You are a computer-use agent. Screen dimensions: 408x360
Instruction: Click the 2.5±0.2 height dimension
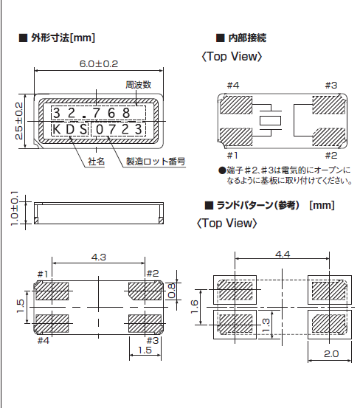click(x=20, y=121)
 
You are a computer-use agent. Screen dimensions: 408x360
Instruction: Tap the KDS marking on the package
click(x=69, y=131)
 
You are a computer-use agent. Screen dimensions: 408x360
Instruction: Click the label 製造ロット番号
click(x=155, y=160)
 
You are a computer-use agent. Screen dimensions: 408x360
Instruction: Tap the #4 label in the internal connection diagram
click(x=232, y=86)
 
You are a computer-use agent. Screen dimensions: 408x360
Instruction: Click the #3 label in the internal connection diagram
click(x=330, y=86)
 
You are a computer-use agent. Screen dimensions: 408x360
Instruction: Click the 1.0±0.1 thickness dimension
click(x=15, y=210)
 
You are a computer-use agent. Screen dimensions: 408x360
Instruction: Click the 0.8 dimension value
click(x=171, y=291)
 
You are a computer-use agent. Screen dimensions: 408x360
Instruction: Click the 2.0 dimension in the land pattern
click(x=329, y=354)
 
